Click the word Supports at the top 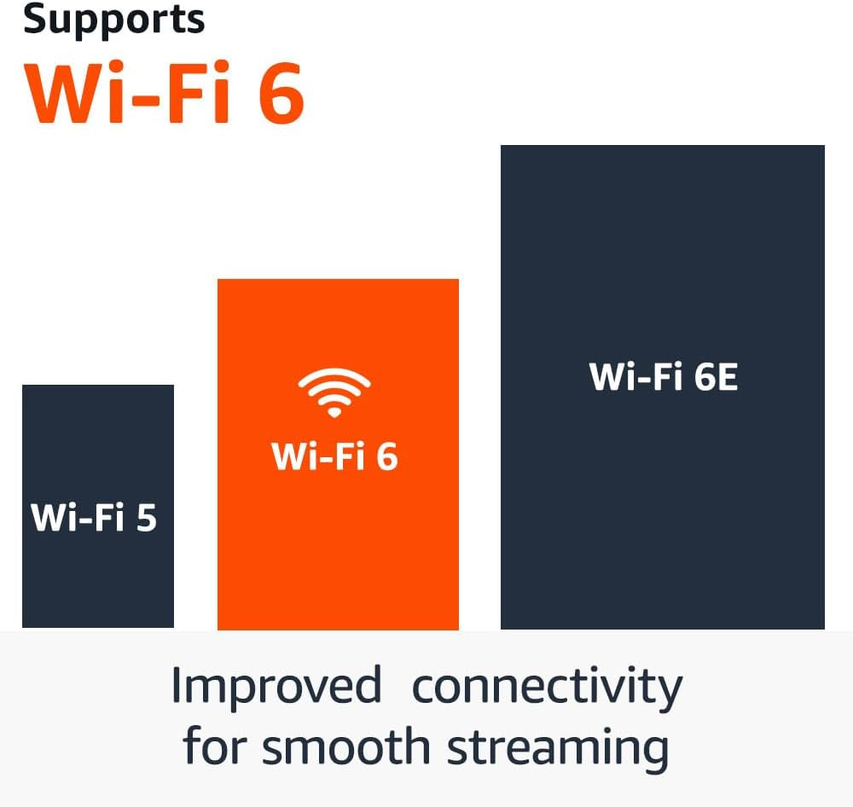point(113,20)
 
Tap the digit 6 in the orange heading point(277,93)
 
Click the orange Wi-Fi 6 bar point(338,546)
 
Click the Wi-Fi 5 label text point(94,518)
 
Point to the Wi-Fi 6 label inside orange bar point(334,456)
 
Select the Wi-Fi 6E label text point(663,377)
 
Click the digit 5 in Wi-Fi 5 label point(147,518)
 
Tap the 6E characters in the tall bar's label point(715,377)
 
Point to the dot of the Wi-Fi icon point(334,412)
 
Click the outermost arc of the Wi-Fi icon point(334,374)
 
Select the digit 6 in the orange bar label point(386,456)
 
